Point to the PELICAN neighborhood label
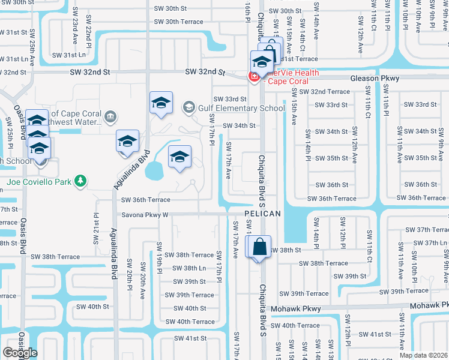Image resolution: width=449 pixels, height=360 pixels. click(x=262, y=214)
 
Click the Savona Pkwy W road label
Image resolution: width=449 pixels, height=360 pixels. click(x=145, y=214)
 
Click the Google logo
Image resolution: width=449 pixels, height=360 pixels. click(x=20, y=353)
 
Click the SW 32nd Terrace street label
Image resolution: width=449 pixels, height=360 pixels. click(x=324, y=92)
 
